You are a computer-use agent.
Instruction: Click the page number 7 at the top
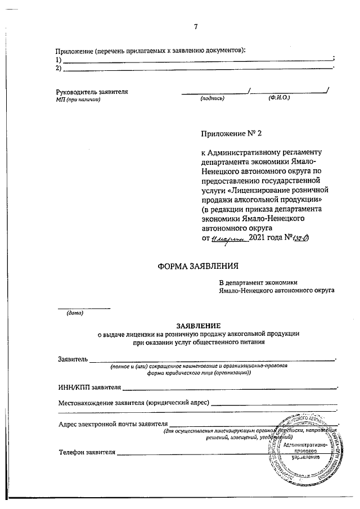pyautogui.click(x=195, y=26)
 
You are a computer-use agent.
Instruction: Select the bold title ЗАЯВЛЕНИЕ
pyautogui.click(x=199, y=326)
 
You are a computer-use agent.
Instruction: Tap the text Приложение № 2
pyautogui.click(x=231, y=133)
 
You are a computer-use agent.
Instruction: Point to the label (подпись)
pyautogui.click(x=212, y=99)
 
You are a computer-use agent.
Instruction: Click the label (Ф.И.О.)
pyautogui.click(x=279, y=98)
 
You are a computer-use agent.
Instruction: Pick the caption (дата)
pyautogui.click(x=75, y=313)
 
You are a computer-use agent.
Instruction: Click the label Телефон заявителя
pyautogui.click(x=87, y=452)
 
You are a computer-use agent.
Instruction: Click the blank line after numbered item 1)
pyautogui.click(x=197, y=60)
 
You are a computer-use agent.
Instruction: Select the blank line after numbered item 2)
pyautogui.click(x=197, y=69)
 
